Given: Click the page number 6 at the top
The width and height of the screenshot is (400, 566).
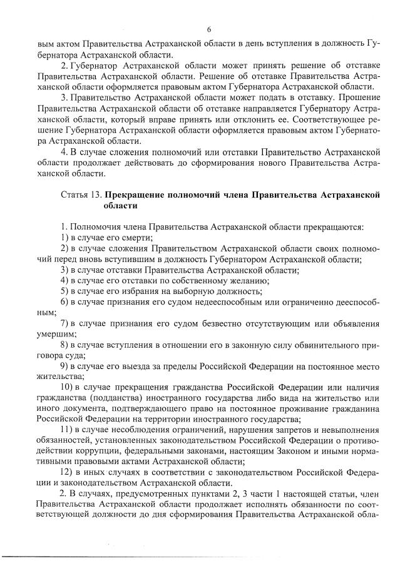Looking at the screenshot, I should point(209,29).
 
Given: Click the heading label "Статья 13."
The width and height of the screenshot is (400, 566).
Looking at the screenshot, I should point(81,195).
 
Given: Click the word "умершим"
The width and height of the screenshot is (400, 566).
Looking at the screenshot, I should point(54,334).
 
